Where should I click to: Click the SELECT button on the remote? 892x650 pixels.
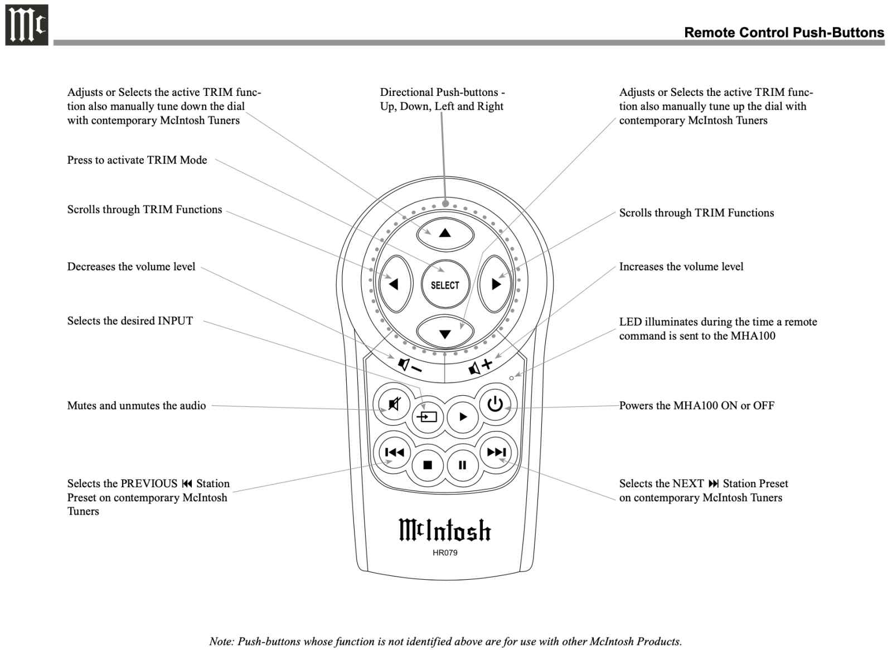point(445,285)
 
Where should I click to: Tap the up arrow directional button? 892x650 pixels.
point(445,232)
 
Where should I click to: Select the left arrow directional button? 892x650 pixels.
point(394,284)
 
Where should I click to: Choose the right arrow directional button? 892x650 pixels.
point(496,284)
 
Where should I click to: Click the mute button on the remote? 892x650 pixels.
point(394,404)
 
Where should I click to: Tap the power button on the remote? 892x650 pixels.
point(495,404)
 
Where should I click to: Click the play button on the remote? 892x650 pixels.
point(463,416)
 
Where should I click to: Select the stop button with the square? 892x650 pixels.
point(428,465)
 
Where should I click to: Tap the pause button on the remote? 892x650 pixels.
point(462,465)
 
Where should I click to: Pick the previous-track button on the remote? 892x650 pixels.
point(394,452)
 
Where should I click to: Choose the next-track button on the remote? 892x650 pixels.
point(496,452)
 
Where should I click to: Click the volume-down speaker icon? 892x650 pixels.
point(409,366)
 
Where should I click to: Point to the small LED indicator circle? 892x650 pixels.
point(511,378)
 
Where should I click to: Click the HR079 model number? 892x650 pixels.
point(445,553)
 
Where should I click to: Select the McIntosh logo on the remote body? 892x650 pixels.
point(445,530)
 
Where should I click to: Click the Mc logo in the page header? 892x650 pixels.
point(26,25)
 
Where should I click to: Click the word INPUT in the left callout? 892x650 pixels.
point(175,321)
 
